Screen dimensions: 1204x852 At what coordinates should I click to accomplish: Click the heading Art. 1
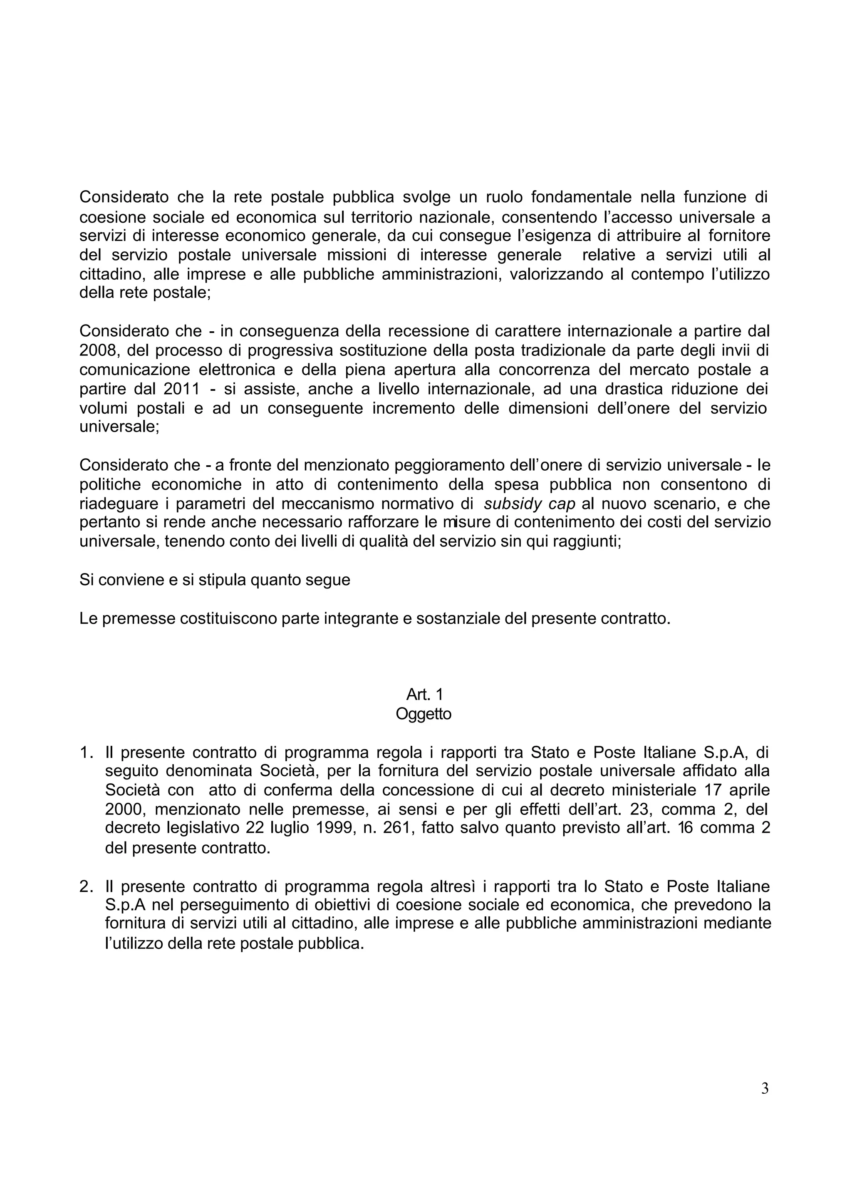coord(424,694)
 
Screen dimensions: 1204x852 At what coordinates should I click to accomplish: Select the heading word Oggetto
coord(424,714)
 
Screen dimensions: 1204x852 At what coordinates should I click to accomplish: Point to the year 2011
coord(181,389)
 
